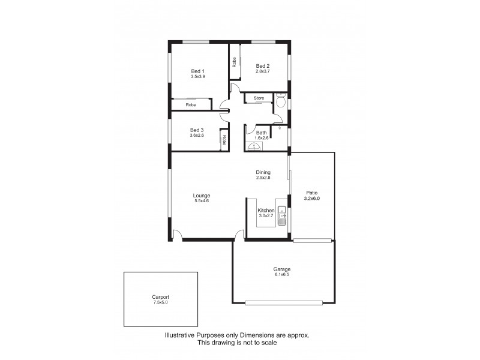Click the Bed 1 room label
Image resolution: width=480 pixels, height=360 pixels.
point(190,71)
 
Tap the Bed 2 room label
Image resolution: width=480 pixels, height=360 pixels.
point(263,66)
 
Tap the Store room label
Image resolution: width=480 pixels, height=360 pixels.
point(259,98)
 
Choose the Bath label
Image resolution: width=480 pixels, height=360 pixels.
point(262,133)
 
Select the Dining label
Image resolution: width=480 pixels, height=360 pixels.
point(263,172)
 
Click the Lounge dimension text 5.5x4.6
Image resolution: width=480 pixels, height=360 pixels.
point(202,201)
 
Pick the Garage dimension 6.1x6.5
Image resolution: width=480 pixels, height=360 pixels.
point(282,275)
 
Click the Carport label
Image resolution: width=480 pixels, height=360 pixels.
point(160,297)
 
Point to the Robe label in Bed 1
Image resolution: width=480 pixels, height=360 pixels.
point(191,105)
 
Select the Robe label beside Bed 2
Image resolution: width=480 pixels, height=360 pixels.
point(234,62)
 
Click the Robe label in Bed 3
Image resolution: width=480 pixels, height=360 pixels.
point(224,140)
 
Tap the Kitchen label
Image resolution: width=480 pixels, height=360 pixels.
point(266,211)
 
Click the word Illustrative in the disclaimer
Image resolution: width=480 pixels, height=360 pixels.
point(181,336)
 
